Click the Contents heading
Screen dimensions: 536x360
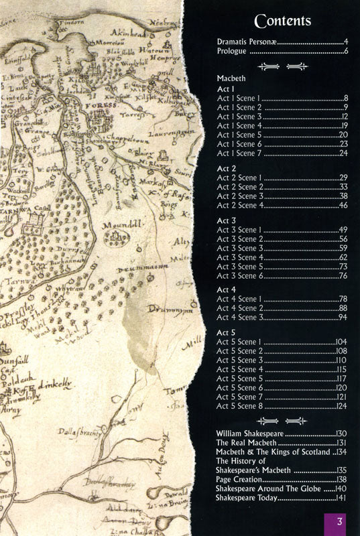(x=281, y=21)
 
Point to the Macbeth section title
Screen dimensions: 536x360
(x=233, y=78)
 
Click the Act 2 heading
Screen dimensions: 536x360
(x=227, y=167)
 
